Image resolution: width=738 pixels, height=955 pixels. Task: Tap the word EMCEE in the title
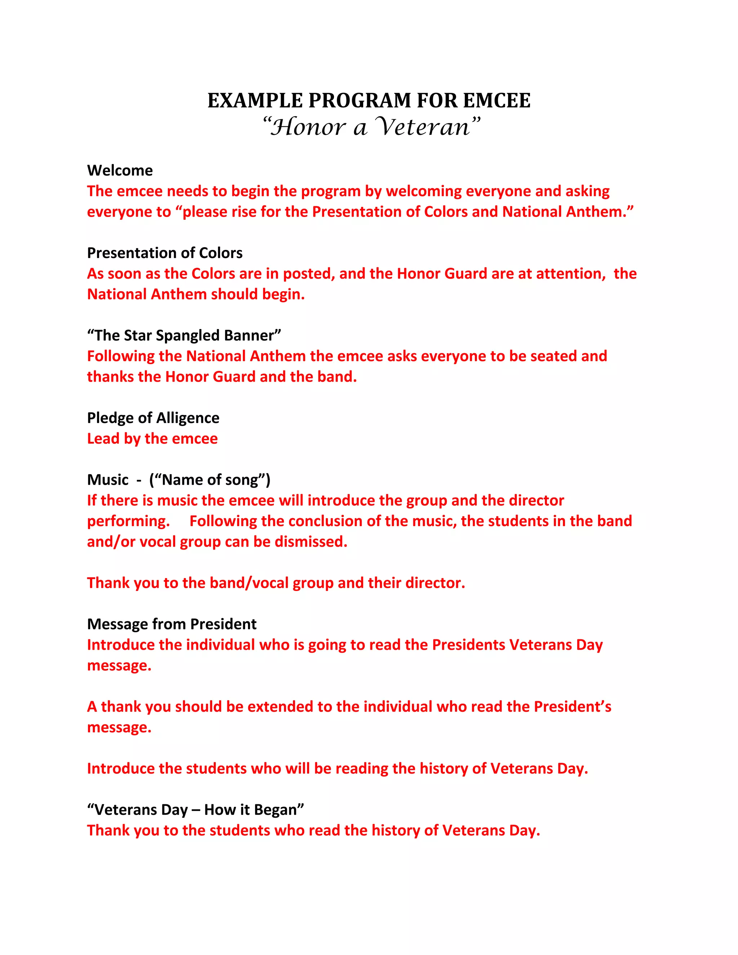pos(497,101)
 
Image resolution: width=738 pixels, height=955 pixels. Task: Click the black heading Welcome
pos(120,170)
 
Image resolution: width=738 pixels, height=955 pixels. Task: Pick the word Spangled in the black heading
pos(187,336)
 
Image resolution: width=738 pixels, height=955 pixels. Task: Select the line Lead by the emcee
pos(152,439)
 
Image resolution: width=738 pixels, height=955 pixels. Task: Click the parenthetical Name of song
pos(210,480)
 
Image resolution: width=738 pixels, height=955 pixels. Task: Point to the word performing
pos(128,521)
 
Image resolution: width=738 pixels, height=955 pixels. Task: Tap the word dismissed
pos(311,542)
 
